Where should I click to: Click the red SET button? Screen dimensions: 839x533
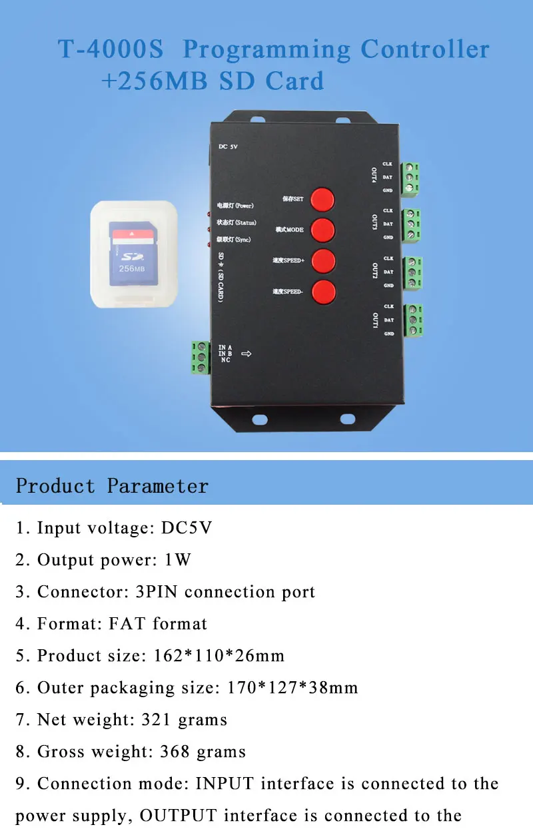[323, 199]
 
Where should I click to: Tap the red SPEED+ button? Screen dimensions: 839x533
[323, 260]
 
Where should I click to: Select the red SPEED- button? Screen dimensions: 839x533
[323, 291]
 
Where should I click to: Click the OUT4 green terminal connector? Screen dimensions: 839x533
[411, 178]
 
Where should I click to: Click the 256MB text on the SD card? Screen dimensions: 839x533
[131, 268]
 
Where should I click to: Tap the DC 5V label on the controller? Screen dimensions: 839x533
[229, 147]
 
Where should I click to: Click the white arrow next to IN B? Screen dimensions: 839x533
[246, 354]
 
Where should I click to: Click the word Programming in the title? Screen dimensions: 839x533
[266, 50]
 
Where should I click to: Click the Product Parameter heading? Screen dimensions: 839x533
[112, 486]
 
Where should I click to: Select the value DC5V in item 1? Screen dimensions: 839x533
[187, 529]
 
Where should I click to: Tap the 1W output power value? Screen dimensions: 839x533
[178, 561]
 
